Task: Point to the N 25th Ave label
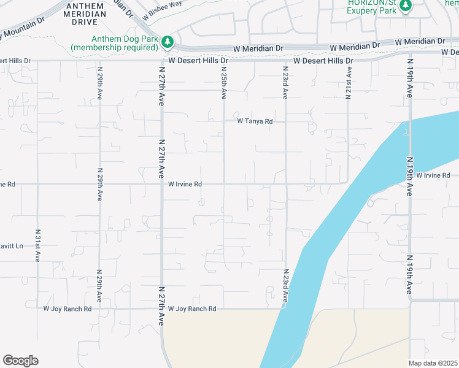[224, 83]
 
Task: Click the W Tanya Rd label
[255, 121]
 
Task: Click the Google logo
[20, 361]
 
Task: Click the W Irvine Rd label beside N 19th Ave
[433, 175]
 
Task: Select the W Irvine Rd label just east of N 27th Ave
[185, 183]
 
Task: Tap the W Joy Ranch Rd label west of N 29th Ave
[67, 309]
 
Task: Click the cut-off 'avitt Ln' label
[11, 246]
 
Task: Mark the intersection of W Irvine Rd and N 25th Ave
[224, 183]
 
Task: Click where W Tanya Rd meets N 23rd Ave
[285, 121]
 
